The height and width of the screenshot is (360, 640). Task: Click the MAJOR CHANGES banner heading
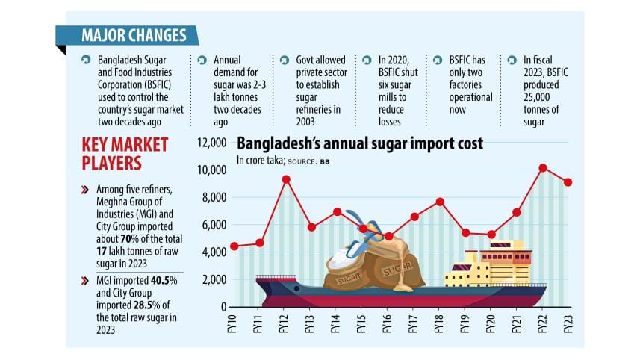tap(134, 35)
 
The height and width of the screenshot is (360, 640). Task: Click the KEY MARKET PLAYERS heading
tap(126, 153)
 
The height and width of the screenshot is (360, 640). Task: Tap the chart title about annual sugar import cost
tap(359, 143)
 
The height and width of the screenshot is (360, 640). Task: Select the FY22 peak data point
tap(543, 167)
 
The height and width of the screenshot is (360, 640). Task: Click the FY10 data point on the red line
tap(234, 246)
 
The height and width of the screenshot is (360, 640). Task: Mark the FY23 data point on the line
tap(569, 182)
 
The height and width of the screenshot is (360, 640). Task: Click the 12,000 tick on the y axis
tap(211, 143)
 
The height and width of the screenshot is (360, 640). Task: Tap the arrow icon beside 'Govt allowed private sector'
tap(284, 59)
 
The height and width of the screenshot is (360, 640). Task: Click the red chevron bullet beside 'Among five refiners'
tap(85, 190)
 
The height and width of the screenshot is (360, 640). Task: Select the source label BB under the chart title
tap(325, 161)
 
